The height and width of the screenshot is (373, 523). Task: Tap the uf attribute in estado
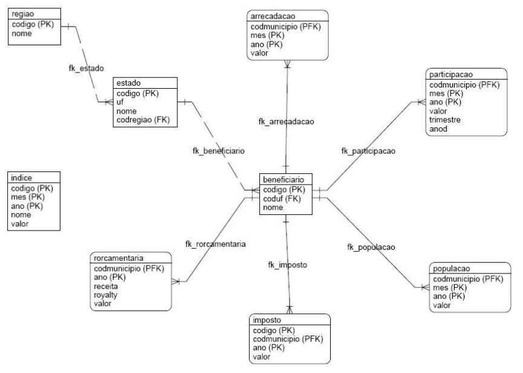120,103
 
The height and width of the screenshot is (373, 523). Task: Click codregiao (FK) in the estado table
143,120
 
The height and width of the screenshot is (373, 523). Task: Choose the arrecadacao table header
272,16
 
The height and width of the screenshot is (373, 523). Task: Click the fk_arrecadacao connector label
286,121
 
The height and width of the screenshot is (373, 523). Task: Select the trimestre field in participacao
446,120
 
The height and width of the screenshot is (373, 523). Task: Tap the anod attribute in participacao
439,129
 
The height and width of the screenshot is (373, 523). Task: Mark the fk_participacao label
368,151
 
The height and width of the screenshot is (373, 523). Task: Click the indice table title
22,178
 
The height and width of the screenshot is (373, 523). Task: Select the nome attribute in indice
22,215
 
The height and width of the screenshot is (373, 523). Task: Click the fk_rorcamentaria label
215,244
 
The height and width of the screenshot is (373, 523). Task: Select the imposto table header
267,320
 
